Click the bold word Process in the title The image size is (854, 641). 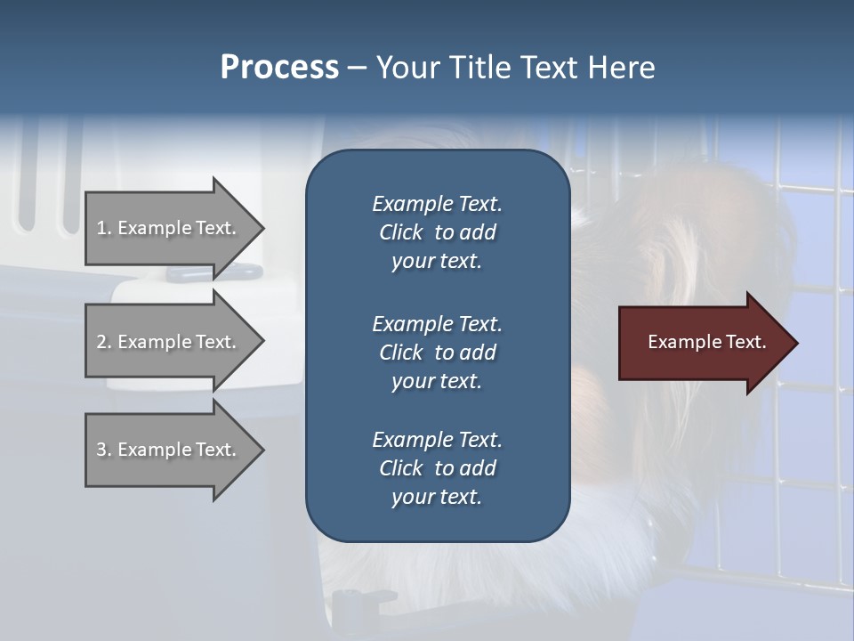pos(279,68)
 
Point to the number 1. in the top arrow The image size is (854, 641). pos(103,228)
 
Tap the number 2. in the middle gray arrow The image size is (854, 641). pos(103,342)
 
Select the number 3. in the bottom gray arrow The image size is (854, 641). pos(103,450)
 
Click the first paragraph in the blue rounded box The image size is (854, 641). pos(437,232)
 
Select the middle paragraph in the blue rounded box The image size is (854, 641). pos(437,353)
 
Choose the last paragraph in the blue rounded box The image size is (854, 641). pos(437,468)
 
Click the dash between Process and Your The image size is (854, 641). pos(357,68)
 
